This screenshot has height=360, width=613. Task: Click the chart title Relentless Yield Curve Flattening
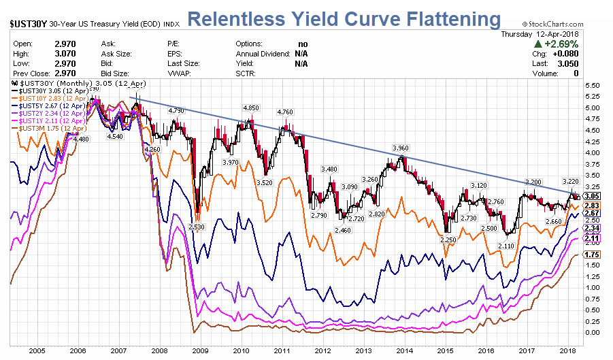pyautogui.click(x=344, y=19)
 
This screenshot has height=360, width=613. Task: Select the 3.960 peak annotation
pyautogui.click(x=401, y=148)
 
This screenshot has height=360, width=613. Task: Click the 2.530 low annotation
pyautogui.click(x=197, y=227)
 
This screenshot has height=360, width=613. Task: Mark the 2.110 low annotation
pyautogui.click(x=506, y=246)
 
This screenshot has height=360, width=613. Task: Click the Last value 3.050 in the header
pyautogui.click(x=568, y=63)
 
